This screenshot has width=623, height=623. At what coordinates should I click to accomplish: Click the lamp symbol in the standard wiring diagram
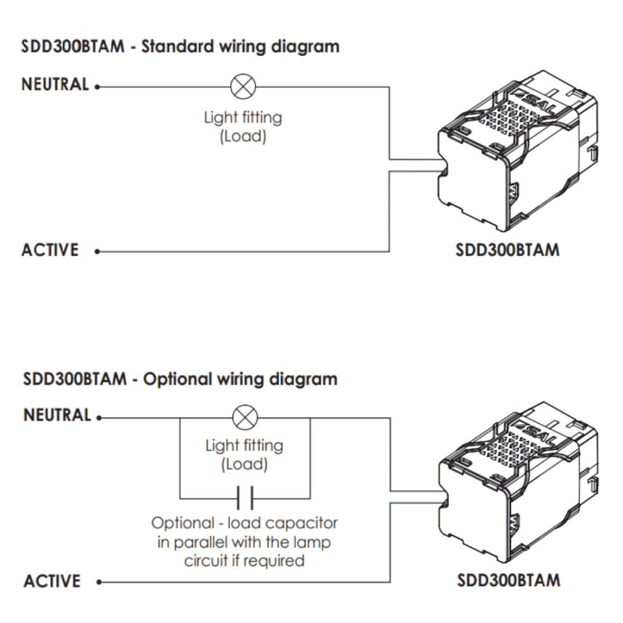(x=242, y=86)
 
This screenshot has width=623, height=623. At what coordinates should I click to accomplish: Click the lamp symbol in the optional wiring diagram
(x=243, y=418)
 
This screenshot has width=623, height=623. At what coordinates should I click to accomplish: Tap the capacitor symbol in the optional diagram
(x=245, y=496)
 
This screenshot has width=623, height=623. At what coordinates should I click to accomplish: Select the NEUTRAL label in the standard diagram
(x=55, y=85)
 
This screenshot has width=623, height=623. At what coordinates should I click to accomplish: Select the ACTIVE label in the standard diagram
(x=50, y=250)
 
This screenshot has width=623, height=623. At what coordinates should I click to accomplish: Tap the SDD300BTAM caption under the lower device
(x=509, y=580)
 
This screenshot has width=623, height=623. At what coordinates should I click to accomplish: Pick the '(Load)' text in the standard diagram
(x=243, y=136)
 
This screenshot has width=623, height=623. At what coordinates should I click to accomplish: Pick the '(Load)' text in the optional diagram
(x=244, y=463)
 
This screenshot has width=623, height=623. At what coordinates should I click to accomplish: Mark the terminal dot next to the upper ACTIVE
(x=97, y=252)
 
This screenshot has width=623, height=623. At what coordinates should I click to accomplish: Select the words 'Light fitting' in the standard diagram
(x=243, y=118)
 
